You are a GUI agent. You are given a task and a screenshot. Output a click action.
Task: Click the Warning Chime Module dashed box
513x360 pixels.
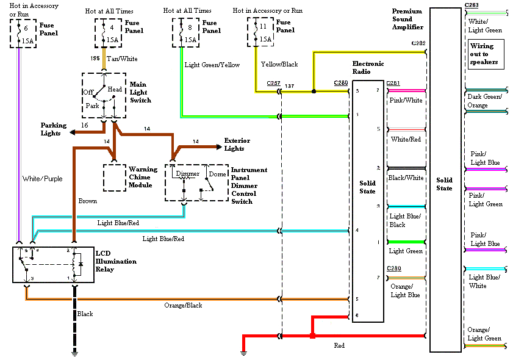114,178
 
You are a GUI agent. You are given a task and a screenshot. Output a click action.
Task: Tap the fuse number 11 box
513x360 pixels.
259,32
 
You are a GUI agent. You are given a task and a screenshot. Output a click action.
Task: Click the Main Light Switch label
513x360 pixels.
140,92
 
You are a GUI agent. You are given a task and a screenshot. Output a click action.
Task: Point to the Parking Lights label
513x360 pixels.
54,129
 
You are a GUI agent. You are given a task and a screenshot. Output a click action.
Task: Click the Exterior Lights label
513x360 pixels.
237,145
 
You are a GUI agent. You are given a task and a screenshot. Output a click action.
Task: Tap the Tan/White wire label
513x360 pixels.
122,59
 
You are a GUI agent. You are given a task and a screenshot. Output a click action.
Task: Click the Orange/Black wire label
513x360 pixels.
182,305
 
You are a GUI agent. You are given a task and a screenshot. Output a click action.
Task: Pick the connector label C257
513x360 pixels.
273,82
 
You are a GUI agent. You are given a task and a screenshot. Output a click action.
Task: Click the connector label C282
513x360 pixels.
418,43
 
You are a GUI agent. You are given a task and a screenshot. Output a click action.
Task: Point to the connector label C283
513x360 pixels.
471,5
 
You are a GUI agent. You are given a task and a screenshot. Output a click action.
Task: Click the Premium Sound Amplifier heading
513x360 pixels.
407,20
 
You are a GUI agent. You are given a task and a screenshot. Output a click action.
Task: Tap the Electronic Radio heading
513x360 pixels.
368,68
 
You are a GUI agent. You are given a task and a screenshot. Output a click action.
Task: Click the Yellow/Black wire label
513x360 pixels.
279,64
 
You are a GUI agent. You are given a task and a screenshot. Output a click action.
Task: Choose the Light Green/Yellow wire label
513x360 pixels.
212,65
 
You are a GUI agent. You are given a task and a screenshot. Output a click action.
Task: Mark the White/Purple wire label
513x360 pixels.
41,179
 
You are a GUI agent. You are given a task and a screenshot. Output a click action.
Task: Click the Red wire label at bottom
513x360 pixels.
339,345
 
